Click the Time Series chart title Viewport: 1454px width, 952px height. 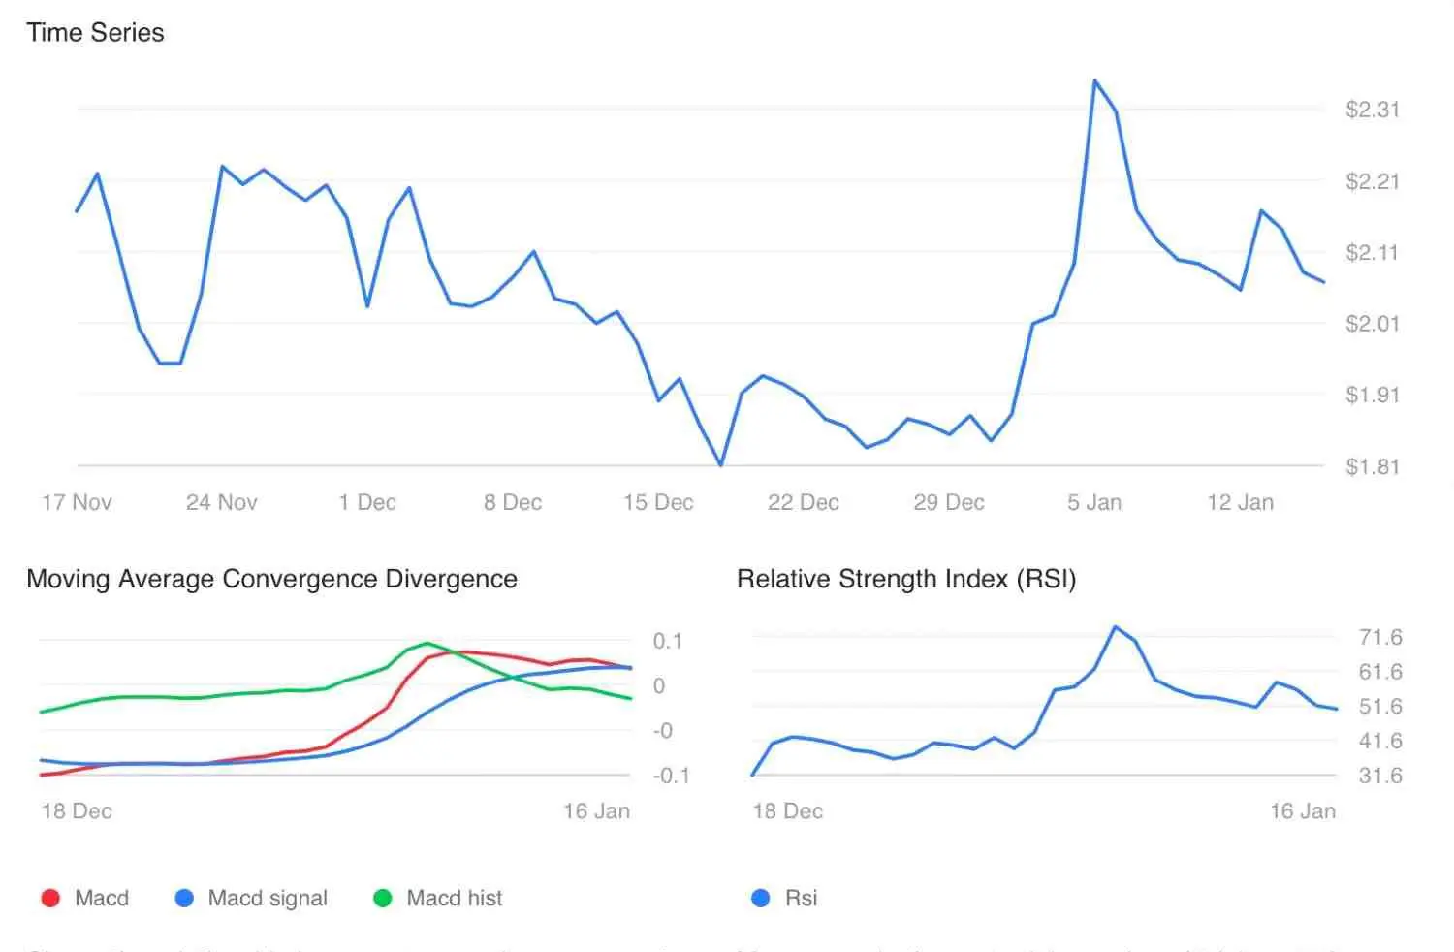point(95,33)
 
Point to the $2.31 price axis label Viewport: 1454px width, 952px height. point(1372,110)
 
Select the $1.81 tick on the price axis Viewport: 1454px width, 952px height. point(1372,466)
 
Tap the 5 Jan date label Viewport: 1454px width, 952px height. point(1094,502)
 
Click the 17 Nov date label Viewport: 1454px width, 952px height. point(77,502)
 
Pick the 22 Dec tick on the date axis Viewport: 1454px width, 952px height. point(803,502)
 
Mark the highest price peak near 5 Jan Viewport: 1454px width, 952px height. point(1095,81)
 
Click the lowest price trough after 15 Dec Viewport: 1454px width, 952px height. point(720,465)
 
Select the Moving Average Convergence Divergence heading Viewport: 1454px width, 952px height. point(271,579)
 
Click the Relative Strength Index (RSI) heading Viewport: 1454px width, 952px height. point(906,579)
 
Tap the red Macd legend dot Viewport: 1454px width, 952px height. point(50,899)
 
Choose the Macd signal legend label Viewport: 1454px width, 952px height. point(268,899)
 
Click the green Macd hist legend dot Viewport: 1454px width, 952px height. point(383,899)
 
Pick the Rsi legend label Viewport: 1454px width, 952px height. point(801,899)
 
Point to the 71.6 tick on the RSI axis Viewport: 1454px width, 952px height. point(1380,637)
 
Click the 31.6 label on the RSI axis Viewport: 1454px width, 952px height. point(1380,776)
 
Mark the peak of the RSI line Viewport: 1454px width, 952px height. point(1116,627)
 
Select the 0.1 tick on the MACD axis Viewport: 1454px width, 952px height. point(667,641)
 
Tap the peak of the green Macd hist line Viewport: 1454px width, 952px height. point(427,643)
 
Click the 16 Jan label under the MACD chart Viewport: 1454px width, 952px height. point(596,811)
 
